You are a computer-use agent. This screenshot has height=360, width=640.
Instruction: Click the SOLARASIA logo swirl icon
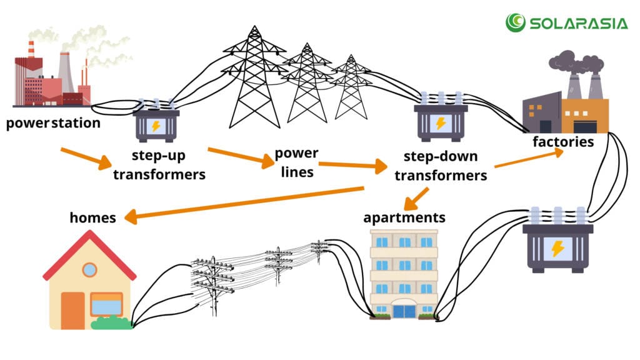click(516, 22)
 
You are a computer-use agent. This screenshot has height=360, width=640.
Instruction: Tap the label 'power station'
click(53, 122)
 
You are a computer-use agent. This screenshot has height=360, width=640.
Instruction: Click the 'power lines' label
click(297, 162)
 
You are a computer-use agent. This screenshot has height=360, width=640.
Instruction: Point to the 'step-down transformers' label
click(441, 166)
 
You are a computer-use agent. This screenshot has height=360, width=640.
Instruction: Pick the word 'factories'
click(562, 142)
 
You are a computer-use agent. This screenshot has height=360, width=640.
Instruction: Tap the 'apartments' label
click(404, 217)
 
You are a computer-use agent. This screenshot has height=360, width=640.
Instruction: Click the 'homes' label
click(92, 217)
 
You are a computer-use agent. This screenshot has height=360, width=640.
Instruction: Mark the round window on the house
click(89, 269)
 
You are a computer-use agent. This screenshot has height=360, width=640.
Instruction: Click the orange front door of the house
click(72, 310)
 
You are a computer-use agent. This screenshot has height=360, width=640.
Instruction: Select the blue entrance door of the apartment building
click(404, 310)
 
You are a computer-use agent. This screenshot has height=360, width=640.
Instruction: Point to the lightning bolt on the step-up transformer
click(156, 126)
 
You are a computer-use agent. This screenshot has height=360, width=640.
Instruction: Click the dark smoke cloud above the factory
click(575, 62)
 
